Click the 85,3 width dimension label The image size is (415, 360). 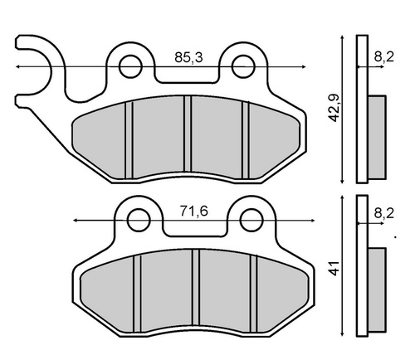[188, 57]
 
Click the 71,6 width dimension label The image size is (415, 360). [193, 212]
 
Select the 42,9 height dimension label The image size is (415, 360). [334, 108]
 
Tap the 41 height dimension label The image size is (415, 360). [334, 268]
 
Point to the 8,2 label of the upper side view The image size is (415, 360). [384, 57]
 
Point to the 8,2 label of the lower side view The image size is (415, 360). [384, 213]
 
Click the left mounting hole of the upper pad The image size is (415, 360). [130, 66]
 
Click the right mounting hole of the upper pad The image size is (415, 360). [243, 66]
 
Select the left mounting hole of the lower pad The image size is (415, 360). [139, 220]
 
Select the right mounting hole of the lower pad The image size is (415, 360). [251, 220]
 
